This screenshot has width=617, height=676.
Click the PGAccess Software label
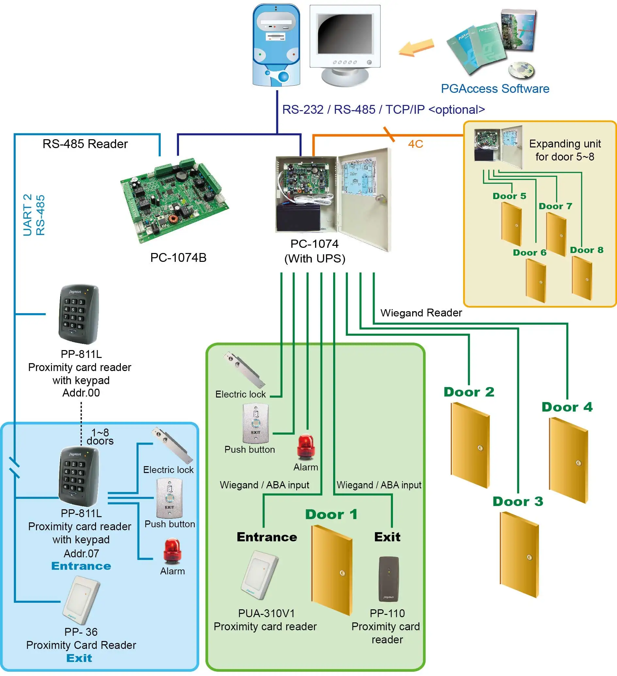(x=495, y=89)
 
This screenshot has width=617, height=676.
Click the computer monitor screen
(x=345, y=34)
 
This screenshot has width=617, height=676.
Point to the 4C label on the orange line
(x=415, y=144)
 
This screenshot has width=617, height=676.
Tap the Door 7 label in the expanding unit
(x=555, y=206)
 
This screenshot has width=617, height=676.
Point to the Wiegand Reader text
(x=421, y=313)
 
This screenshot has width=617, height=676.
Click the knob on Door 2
(x=480, y=448)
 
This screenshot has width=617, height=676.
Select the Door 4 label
(x=567, y=407)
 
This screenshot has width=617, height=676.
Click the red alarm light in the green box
(x=305, y=446)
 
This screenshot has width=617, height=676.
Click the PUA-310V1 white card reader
(x=260, y=575)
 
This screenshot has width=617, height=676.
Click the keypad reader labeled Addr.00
(x=79, y=314)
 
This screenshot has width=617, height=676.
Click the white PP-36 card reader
(x=81, y=600)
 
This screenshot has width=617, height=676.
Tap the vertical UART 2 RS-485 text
(x=34, y=215)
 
